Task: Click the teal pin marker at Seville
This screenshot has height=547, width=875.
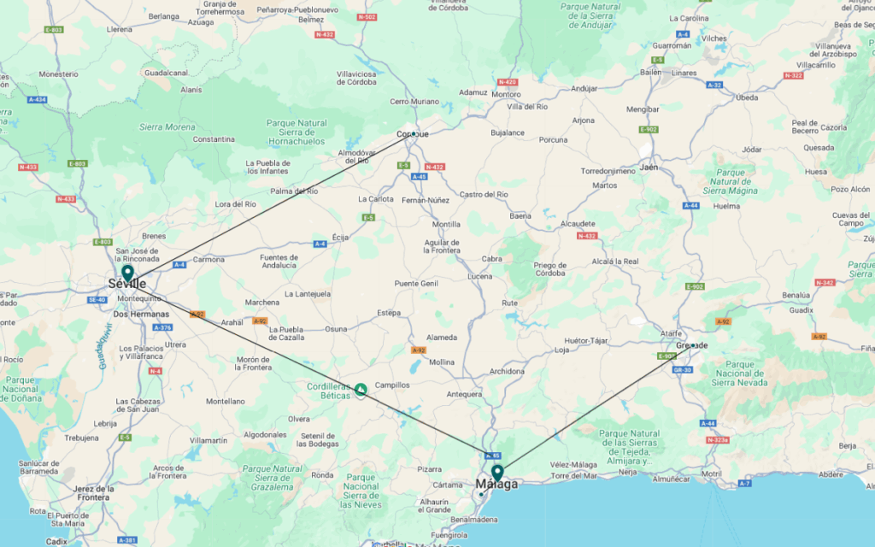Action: tap(127, 273)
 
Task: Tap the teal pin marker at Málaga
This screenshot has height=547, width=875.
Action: tap(496, 471)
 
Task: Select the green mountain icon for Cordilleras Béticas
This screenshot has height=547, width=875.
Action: tap(361, 391)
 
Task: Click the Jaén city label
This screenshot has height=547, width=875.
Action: tap(649, 168)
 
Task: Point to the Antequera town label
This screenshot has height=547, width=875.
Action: tap(465, 394)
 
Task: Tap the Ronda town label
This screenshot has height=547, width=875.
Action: tap(322, 475)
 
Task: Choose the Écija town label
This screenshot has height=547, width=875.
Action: tap(340, 238)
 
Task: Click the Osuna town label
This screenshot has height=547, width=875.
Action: tap(336, 329)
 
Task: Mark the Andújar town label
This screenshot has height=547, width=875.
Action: tap(584, 88)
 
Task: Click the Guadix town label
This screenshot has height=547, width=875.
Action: tap(802, 311)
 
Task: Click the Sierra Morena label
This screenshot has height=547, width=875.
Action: tap(167, 126)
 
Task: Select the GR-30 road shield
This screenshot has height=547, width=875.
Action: tap(682, 370)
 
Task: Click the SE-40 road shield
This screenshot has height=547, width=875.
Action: tap(97, 300)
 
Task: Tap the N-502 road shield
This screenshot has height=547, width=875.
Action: tap(367, 17)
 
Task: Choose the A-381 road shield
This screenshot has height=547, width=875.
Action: tap(127, 540)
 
